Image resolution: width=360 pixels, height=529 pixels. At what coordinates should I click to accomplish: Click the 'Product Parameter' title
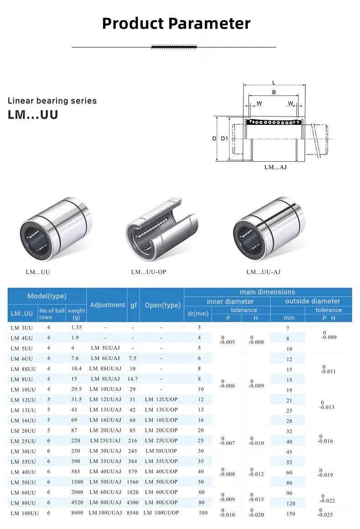pos(176,23)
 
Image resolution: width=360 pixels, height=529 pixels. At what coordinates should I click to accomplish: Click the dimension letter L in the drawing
pos(273,82)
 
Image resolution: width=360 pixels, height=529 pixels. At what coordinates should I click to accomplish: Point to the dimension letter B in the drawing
pos(273,92)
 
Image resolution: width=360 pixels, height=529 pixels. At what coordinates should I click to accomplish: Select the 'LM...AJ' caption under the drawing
pos(275,167)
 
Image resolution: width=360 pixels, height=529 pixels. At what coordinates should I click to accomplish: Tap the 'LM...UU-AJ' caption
pos(263,272)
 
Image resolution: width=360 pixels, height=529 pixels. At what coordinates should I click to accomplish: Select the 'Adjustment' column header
pos(107,305)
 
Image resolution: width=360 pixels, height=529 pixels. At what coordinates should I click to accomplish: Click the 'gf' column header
pos(133,305)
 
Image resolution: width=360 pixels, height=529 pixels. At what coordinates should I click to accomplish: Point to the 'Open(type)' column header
pos(163,305)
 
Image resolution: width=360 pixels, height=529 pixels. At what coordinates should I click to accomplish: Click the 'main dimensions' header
pos(267,292)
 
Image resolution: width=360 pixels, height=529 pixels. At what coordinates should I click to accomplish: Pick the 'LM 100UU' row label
pos(25,513)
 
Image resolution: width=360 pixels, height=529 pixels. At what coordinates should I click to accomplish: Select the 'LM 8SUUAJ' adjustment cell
pos(105,369)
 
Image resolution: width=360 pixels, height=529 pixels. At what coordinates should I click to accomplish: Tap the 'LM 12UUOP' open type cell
pos(161,400)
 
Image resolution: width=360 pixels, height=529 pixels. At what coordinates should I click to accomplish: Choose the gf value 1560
pos(133,482)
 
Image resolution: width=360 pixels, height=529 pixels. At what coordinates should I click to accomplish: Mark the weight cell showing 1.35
pos(77,327)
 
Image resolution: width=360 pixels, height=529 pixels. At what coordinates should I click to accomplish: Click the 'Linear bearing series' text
pos(52,101)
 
